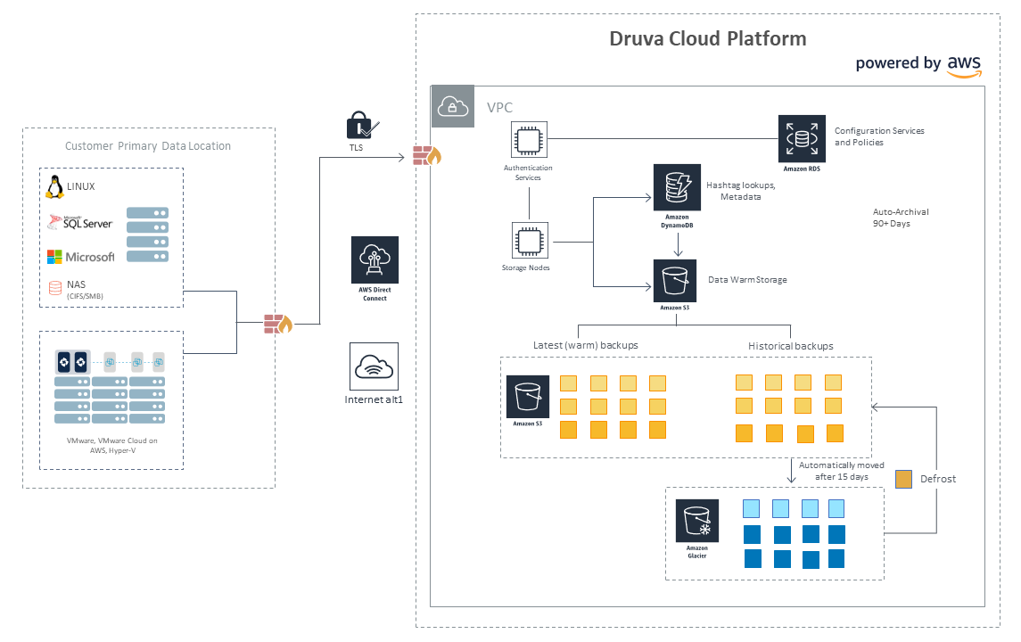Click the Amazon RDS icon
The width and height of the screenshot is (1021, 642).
click(802, 139)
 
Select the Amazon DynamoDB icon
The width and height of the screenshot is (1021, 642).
click(677, 187)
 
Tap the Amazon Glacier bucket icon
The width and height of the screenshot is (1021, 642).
click(696, 521)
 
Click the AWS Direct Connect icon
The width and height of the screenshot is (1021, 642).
click(375, 259)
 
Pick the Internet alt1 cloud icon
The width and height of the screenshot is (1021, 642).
click(374, 366)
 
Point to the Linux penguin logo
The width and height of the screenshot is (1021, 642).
click(54, 187)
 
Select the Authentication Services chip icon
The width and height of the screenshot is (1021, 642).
click(529, 139)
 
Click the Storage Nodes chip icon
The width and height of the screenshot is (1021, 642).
click(530, 241)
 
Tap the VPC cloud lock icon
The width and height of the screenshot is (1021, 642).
click(453, 106)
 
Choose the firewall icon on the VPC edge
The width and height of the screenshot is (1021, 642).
click(427, 156)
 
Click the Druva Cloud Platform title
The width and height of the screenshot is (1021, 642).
click(708, 38)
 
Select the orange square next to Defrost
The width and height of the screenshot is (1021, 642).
click(904, 479)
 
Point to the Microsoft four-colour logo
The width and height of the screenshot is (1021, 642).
click(54, 257)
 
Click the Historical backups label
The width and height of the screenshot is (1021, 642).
click(790, 346)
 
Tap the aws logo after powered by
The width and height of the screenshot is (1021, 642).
click(964, 66)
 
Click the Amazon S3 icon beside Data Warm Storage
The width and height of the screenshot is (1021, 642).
click(675, 281)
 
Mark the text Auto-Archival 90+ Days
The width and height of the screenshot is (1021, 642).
click(901, 218)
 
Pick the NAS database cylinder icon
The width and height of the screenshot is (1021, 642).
click(55, 287)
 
